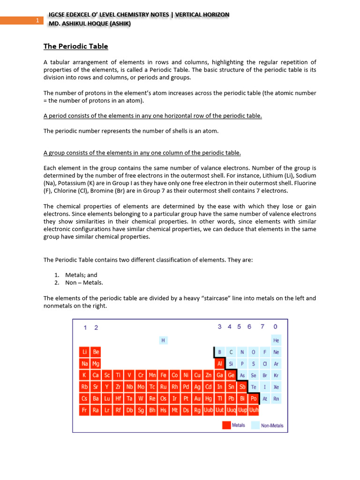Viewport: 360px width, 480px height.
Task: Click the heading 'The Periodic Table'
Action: coord(75,46)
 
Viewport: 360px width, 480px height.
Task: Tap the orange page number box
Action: coord(22,20)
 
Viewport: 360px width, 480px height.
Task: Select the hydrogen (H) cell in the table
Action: coord(163,340)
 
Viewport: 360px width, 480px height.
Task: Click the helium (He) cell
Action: coord(276,340)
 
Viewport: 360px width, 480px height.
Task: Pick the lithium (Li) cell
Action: coord(84,352)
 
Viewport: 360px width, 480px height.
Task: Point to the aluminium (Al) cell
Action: coord(219,363)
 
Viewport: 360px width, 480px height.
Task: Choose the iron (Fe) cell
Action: coord(163,375)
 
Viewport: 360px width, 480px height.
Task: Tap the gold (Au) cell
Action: coord(197,398)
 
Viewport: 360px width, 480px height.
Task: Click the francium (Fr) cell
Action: coord(84,410)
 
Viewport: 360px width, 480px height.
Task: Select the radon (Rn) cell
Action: coord(276,398)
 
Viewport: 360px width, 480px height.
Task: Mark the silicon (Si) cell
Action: coord(231,363)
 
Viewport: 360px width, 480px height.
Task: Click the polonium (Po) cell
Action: coord(254,398)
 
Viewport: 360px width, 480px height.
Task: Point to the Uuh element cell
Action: coord(254,410)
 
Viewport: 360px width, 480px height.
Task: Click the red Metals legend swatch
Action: coord(226,425)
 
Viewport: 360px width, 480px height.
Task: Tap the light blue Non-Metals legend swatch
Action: coord(255,425)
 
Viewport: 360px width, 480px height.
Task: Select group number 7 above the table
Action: coord(262,327)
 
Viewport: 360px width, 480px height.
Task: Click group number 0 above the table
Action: coord(275,327)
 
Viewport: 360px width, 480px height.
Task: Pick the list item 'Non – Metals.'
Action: coord(84,283)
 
